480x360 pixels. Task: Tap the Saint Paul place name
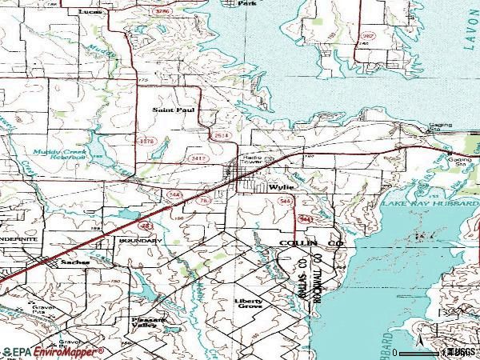click(174, 110)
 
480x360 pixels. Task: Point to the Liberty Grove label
click(248, 306)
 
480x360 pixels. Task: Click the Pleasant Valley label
click(152, 322)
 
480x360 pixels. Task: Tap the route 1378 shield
click(146, 141)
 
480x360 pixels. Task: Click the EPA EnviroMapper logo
click(52, 351)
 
